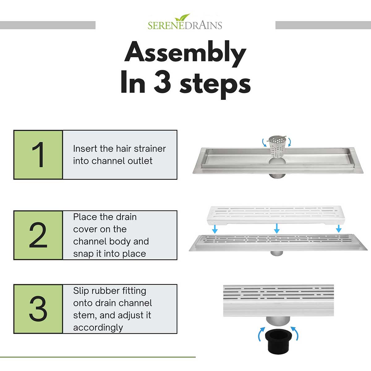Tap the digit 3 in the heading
tap(162, 82)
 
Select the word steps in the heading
tap(215, 85)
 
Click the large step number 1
tap(39, 155)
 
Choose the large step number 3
tap(38, 309)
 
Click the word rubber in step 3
tap(105, 291)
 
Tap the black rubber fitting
tap(278, 342)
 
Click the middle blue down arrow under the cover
tap(277, 228)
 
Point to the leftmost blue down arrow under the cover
tap(215, 228)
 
